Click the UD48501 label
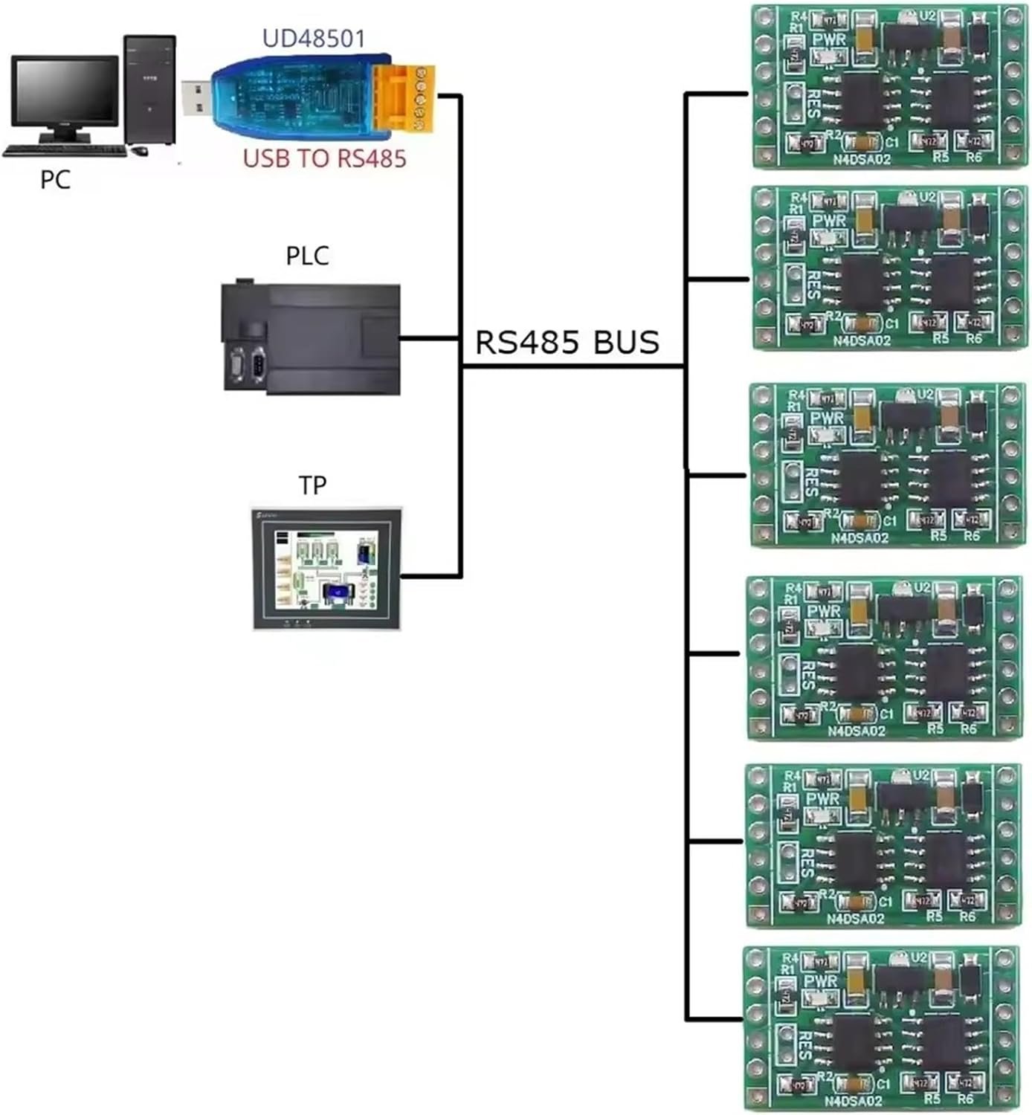pyautogui.click(x=314, y=38)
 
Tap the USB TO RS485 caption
pyautogui.click(x=324, y=158)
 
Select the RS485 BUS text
pyautogui.click(x=567, y=342)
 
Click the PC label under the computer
pyautogui.click(x=55, y=179)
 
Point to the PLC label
pyautogui.click(x=307, y=256)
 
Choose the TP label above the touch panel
pyautogui.click(x=312, y=485)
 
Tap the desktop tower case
pyautogui.click(x=149, y=89)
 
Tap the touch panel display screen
pyautogui.click(x=326, y=569)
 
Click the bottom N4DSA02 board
pyautogui.click(x=881, y=1030)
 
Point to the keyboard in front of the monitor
pyautogui.click(x=65, y=151)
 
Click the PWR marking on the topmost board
pyautogui.click(x=829, y=39)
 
